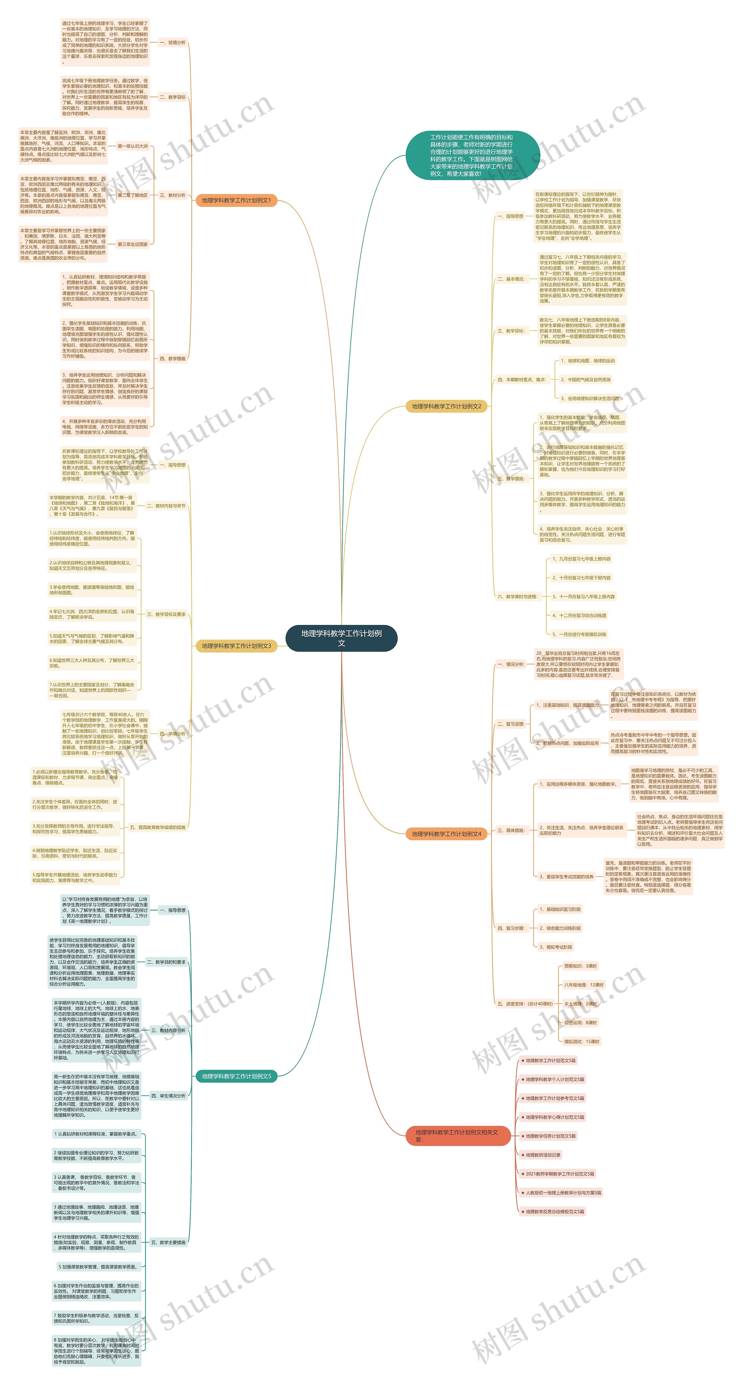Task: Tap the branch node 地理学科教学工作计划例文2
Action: (x=446, y=407)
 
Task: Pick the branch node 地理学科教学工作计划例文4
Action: (x=446, y=834)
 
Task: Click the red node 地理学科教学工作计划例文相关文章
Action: (x=457, y=1135)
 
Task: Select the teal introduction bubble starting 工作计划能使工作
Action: (x=472, y=155)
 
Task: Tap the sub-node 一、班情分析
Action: (x=173, y=42)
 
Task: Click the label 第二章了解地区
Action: (x=132, y=195)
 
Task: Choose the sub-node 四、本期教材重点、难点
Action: (x=522, y=380)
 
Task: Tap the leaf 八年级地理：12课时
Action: (x=583, y=985)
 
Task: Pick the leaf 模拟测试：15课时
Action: (x=581, y=1041)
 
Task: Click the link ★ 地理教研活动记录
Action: (x=541, y=1155)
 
